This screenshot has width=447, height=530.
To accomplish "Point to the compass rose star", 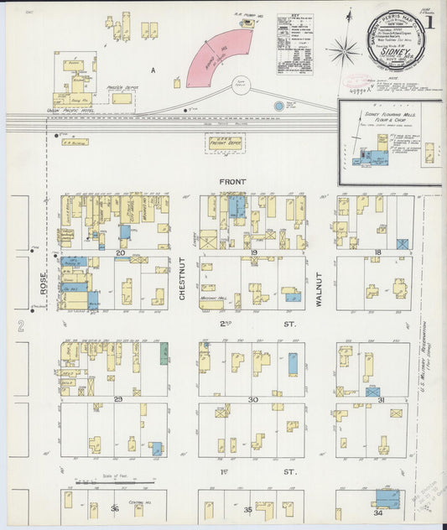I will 343,52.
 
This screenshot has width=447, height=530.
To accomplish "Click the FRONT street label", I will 232,181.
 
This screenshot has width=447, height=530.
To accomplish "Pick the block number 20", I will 120,252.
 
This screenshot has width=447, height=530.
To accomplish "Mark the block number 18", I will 377,252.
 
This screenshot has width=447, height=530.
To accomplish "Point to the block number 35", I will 247,508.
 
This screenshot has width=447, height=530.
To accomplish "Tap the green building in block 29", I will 164,352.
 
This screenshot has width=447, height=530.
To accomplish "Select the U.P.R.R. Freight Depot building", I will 224,143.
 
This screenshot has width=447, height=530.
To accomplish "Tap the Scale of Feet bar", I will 114,482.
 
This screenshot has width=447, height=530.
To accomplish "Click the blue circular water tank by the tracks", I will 278,107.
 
